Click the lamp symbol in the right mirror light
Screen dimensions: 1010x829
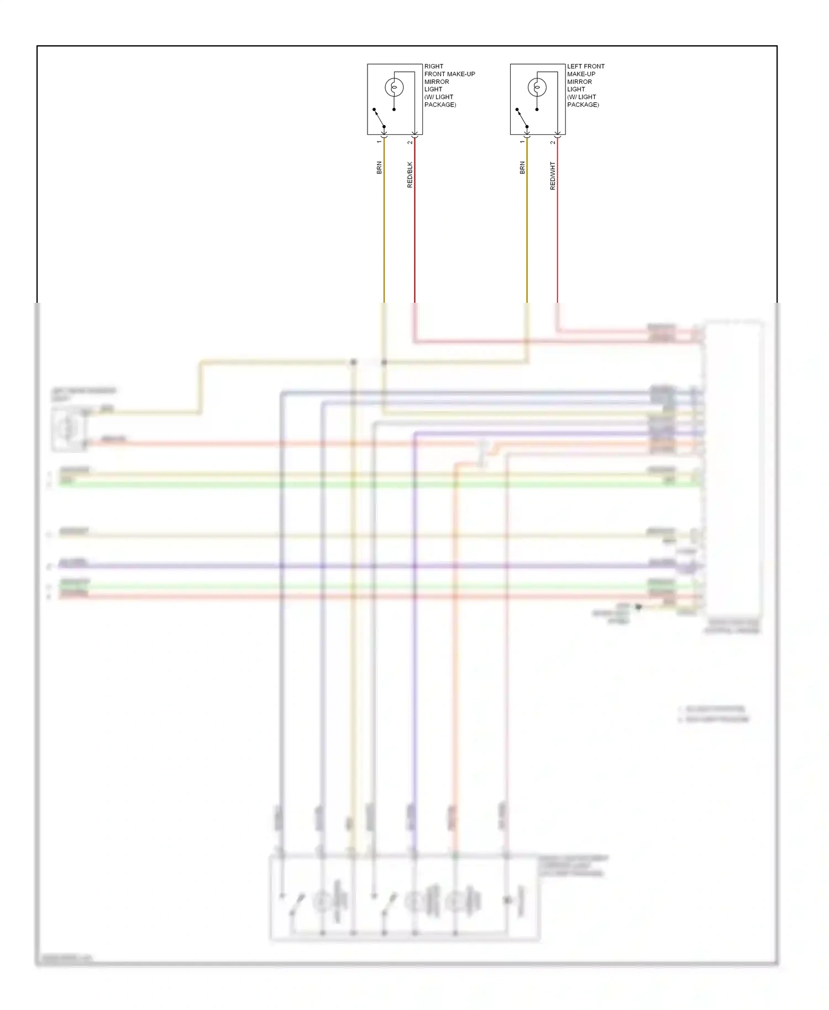point(394,87)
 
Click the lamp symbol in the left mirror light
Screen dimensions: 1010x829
point(537,87)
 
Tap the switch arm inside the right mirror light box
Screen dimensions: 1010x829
point(379,118)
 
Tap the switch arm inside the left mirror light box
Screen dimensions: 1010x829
point(522,118)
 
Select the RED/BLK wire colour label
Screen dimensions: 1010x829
point(410,175)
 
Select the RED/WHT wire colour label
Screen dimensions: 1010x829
point(553,176)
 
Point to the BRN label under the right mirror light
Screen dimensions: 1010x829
point(379,168)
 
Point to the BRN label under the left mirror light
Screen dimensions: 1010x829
point(522,168)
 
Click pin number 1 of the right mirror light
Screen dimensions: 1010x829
point(379,142)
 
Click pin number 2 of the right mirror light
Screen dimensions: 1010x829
point(410,143)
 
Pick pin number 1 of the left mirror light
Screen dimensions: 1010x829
point(522,142)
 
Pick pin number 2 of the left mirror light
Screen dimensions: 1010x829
point(553,143)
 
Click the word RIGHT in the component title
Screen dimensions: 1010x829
point(434,66)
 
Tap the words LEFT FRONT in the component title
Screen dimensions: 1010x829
point(586,66)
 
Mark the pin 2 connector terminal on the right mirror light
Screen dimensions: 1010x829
point(414,134)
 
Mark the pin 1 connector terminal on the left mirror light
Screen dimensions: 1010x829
point(527,134)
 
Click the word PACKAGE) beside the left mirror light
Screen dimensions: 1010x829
point(583,104)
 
